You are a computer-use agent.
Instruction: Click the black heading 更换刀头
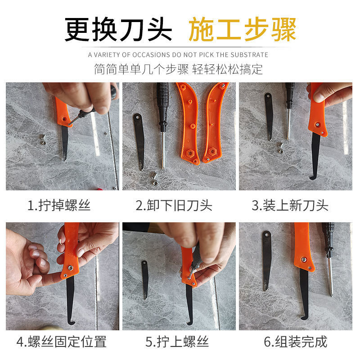pyautogui.click(x=118, y=29)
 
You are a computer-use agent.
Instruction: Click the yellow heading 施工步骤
pyautogui.click(x=242, y=29)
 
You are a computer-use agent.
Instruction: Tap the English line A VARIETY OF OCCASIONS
pyautogui.click(x=178, y=55)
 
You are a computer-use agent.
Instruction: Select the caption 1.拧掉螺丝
pyautogui.click(x=59, y=205)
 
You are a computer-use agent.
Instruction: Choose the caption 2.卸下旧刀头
pyautogui.click(x=174, y=205)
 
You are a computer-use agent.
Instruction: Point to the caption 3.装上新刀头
pyautogui.click(x=290, y=205)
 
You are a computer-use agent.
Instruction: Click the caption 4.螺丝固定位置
pyautogui.click(x=62, y=342)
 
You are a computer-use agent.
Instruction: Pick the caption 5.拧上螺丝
pyautogui.click(x=177, y=342)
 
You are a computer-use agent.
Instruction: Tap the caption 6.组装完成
pyautogui.click(x=296, y=342)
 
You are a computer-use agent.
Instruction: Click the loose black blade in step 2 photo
pyautogui.click(x=139, y=141)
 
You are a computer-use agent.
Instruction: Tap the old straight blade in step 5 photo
pyautogui.click(x=144, y=279)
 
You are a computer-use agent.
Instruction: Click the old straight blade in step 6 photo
pyautogui.click(x=266, y=261)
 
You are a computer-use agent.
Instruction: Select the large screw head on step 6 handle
pyautogui.click(x=303, y=260)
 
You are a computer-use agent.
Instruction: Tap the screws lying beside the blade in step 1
pyautogui.click(x=43, y=140)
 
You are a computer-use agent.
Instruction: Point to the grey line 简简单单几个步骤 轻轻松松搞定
pyautogui.click(x=178, y=69)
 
